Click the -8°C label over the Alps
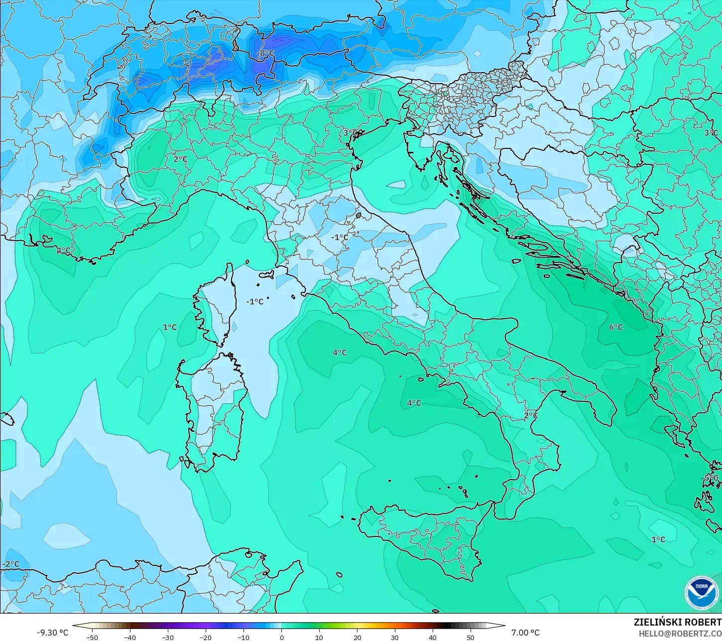[x=265, y=53]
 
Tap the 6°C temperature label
[x=616, y=327]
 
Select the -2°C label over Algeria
[x=11, y=564]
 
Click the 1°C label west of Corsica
[x=170, y=327]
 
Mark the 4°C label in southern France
[x=63, y=250]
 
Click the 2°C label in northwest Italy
[x=180, y=159]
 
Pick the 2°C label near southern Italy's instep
[x=531, y=415]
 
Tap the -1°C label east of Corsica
[x=254, y=302]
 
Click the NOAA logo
[x=701, y=592]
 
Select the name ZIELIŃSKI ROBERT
[x=677, y=623]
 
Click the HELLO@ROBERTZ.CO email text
[x=680, y=634]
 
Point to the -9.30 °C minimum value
[x=53, y=633]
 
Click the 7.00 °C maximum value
[x=525, y=633]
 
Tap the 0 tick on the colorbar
[x=281, y=637]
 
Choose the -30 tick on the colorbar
[x=168, y=637]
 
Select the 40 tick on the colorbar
[x=432, y=637]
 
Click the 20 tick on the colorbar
[x=357, y=637]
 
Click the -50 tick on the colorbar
[x=92, y=637]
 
